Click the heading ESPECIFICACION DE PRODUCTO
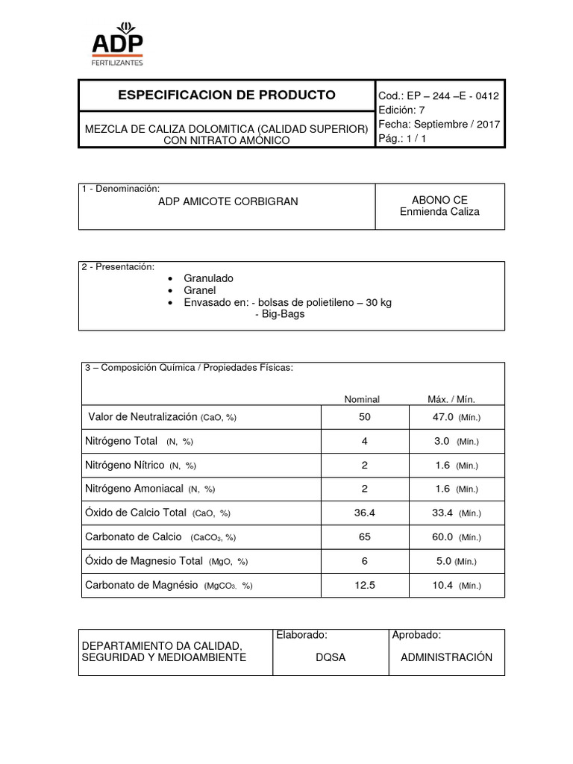(x=227, y=95)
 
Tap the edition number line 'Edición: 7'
(x=401, y=110)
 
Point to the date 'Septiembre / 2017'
(x=456, y=125)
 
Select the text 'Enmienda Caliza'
(x=439, y=212)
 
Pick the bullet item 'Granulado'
(x=208, y=278)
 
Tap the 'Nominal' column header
(x=361, y=399)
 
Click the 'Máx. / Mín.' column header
(x=451, y=399)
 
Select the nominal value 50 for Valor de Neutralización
(x=364, y=416)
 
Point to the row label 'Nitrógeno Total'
(x=122, y=441)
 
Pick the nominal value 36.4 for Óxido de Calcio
(x=364, y=513)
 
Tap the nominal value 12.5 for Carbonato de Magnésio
(x=364, y=586)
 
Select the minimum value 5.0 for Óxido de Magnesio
(x=443, y=561)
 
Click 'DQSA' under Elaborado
(x=330, y=657)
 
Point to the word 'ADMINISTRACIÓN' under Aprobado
(x=446, y=657)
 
